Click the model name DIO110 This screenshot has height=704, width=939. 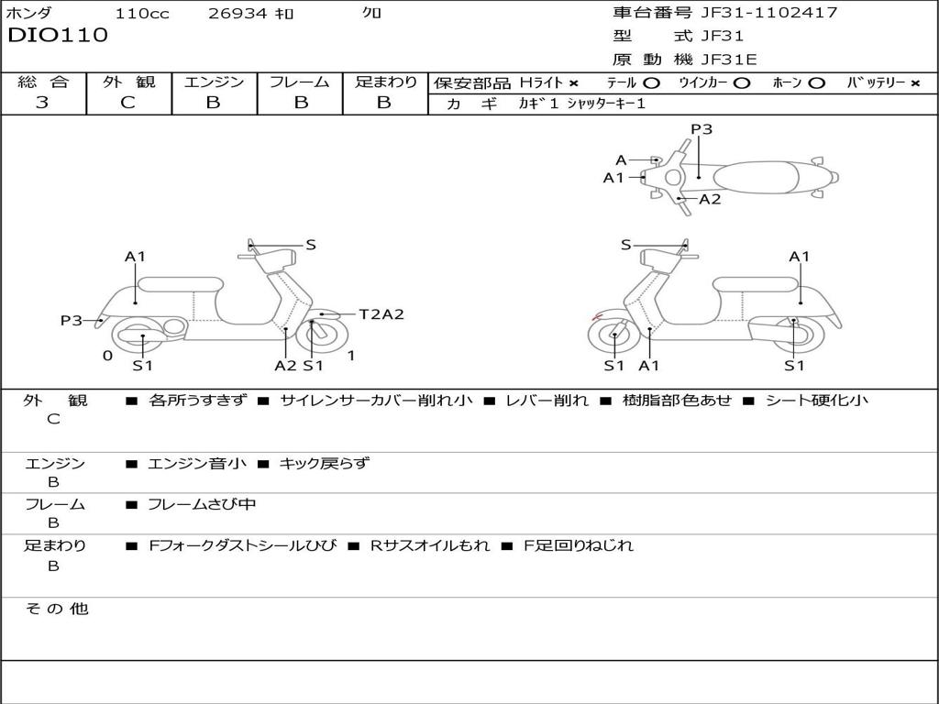click(x=58, y=36)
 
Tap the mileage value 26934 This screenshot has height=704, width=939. click(x=238, y=13)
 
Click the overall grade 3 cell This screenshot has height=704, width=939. click(x=42, y=103)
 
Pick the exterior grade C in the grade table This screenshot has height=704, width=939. click(x=128, y=103)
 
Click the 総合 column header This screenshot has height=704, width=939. click(x=42, y=82)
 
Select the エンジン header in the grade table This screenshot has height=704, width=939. click(x=214, y=82)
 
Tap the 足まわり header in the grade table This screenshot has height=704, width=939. click(x=385, y=82)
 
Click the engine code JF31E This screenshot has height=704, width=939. click(x=729, y=60)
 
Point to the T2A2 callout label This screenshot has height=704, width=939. click(x=381, y=314)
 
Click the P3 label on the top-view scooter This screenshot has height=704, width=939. click(x=701, y=129)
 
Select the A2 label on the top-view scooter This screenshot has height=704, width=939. click(x=710, y=199)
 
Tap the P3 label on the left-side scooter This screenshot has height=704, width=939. click(x=72, y=321)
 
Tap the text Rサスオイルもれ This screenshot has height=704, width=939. click(x=430, y=545)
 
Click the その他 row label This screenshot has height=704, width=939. click(x=56, y=609)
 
